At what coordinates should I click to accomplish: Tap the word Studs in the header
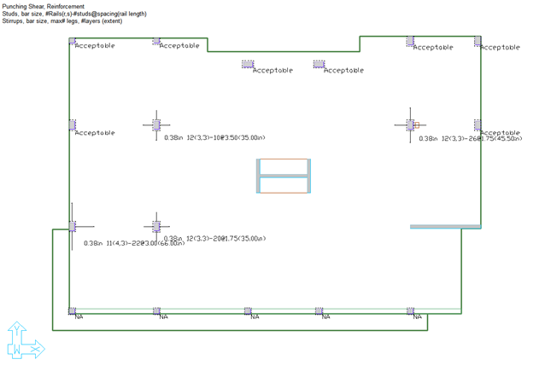12,13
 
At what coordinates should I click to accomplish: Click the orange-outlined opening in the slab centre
283,177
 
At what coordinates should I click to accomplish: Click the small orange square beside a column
418,125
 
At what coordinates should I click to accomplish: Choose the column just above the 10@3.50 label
156,125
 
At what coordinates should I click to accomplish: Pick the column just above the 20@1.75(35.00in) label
156,226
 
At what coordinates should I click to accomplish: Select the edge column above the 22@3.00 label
73,226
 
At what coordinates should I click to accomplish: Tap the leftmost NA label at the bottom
79,317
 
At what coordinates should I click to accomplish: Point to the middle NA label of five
255,317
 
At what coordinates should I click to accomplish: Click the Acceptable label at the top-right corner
500,48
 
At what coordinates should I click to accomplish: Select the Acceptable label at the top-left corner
95,46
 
